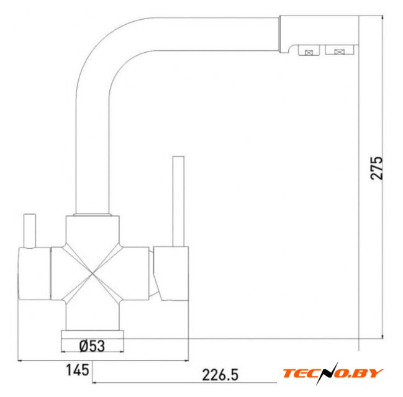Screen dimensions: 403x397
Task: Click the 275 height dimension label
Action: point(376,167)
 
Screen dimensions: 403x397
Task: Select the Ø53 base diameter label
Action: point(92,346)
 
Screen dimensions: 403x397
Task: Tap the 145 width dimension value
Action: point(78,370)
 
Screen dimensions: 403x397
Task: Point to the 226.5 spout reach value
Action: point(220,375)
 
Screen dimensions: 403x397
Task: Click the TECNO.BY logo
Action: point(333,373)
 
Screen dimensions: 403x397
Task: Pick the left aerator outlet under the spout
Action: point(309,50)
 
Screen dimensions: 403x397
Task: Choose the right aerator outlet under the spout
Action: point(339,50)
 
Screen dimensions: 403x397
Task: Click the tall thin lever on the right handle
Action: point(178,202)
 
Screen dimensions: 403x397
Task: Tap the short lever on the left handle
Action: point(30,231)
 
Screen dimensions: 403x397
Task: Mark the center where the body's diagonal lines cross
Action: point(93,274)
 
